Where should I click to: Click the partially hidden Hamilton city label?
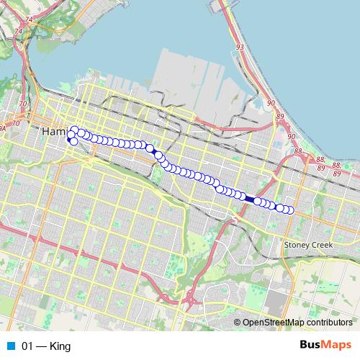click(x=54, y=132)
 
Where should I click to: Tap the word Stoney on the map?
click(x=298, y=245)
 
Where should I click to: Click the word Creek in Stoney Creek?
click(x=322, y=245)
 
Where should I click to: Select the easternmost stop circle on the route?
click(x=291, y=210)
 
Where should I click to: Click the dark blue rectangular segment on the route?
click(x=249, y=199)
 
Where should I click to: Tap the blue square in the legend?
click(x=10, y=346)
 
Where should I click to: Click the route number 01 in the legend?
click(x=28, y=346)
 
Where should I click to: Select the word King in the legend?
click(x=60, y=346)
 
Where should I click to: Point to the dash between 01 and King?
click(x=42, y=346)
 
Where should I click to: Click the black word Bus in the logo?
click(x=311, y=346)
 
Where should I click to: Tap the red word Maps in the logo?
click(x=337, y=346)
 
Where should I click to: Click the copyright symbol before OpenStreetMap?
click(x=238, y=323)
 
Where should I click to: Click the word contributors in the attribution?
click(x=328, y=323)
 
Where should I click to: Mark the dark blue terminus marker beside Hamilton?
click(x=71, y=140)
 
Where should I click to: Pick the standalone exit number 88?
click(x=298, y=151)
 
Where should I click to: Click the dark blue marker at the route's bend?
click(x=150, y=148)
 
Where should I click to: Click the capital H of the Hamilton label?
click(x=47, y=132)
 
